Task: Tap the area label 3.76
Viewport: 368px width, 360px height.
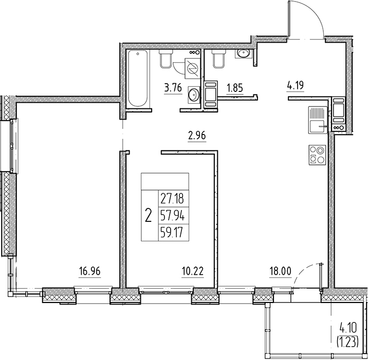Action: pyautogui.click(x=172, y=88)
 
